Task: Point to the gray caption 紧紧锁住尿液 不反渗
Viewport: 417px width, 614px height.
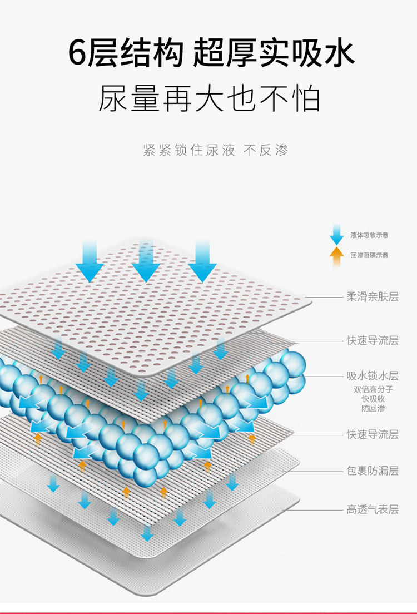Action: [x=216, y=150]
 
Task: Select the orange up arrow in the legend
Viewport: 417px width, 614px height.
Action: [x=336, y=256]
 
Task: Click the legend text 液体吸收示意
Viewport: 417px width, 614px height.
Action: [x=369, y=235]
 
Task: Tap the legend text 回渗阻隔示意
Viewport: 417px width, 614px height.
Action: [x=369, y=255]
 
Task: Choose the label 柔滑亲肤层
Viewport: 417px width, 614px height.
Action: [x=373, y=297]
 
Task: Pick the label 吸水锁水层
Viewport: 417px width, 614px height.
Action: [x=373, y=377]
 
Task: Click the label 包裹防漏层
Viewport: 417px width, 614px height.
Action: [x=373, y=471]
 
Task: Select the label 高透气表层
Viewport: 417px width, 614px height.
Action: [x=373, y=509]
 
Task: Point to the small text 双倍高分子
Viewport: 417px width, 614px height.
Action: [x=373, y=389]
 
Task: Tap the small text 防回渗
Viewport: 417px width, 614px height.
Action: [x=373, y=408]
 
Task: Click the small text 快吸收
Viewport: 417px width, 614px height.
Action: [x=373, y=399]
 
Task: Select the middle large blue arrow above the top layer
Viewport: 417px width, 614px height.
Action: [x=146, y=261]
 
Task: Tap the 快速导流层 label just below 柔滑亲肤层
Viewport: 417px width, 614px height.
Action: [x=373, y=340]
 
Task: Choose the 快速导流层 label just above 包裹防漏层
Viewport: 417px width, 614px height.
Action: [x=373, y=434]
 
